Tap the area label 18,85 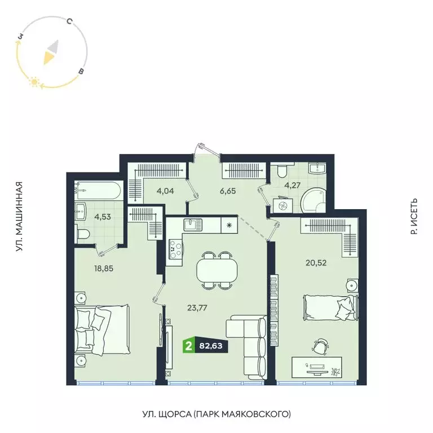[104, 268]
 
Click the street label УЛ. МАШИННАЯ [19, 216]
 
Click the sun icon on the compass [34, 83]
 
